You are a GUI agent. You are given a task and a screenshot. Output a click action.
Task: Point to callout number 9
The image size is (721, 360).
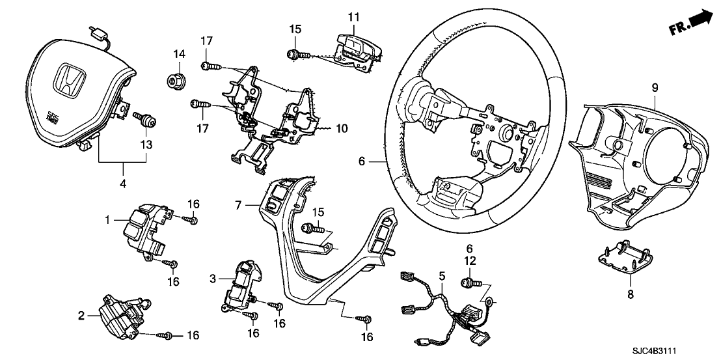655,87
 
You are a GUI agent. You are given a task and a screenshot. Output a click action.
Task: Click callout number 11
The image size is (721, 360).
353,16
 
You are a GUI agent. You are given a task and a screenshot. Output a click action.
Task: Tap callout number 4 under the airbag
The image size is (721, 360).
123,165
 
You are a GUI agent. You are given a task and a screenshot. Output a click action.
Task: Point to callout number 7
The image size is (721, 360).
239,205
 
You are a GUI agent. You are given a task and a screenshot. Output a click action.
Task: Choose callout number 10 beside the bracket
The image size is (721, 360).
342,129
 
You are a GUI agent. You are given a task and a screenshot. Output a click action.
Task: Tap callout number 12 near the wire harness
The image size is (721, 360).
470,260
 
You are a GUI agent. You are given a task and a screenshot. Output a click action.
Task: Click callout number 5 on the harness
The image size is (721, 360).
442,276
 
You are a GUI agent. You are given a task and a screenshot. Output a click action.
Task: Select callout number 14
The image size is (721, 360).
178,53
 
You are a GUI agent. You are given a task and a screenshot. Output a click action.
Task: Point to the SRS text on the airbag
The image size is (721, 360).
51,118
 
